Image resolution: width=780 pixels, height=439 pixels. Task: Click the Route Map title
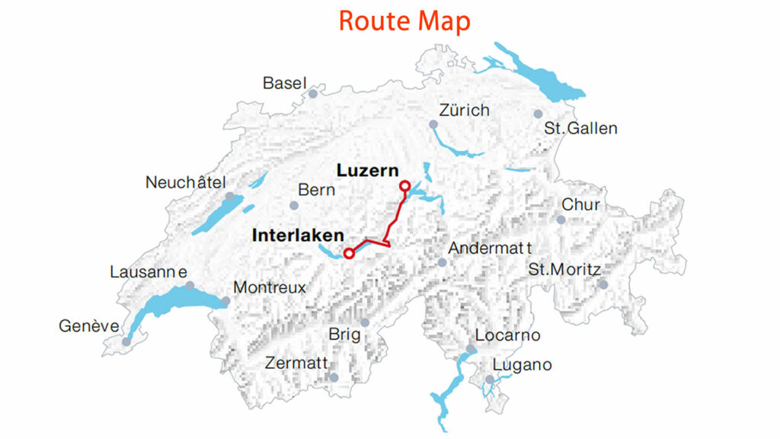404,21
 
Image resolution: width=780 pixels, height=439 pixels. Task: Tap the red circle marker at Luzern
404,185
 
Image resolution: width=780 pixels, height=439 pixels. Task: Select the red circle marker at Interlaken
349,253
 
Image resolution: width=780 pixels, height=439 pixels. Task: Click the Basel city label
284,83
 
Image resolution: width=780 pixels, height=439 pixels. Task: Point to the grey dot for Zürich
433,124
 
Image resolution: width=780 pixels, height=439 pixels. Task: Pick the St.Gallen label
580,128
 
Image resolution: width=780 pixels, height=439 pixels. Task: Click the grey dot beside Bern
294,205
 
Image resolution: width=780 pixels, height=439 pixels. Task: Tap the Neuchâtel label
186,183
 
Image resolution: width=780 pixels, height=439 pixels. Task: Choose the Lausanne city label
149,272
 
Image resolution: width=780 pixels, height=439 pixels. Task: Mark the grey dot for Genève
126,341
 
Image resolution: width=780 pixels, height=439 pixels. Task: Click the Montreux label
269,288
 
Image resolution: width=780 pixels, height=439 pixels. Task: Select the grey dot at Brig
365,322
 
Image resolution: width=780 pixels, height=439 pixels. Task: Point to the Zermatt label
296,363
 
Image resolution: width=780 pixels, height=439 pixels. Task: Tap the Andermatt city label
490,248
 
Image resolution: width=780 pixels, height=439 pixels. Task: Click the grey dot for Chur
561,219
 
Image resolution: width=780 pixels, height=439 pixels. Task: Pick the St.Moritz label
564,270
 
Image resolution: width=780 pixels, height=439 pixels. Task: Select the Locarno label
507,335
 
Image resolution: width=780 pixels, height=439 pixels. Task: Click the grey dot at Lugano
490,379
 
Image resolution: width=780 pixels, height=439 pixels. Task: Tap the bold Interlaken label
298,236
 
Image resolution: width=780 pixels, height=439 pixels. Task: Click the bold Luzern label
367,169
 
